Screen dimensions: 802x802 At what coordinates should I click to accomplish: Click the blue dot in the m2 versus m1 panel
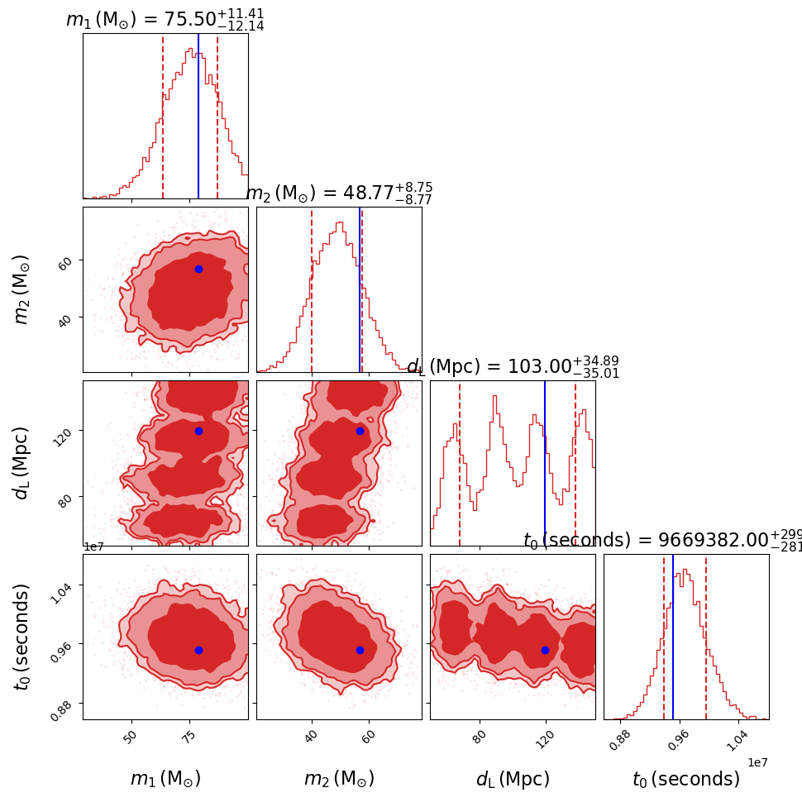coord(198,269)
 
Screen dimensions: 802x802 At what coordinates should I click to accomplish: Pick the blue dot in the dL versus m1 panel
coord(198,431)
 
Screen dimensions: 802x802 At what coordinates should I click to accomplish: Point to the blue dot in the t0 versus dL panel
coord(545,650)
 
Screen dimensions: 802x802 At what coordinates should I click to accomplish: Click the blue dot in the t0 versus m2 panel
coord(360,650)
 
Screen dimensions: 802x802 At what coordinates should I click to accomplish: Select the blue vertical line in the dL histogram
coord(545,463)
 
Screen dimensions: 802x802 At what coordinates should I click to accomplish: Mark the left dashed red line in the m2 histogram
coord(312,289)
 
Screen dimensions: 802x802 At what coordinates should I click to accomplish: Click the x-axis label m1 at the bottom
coord(165,779)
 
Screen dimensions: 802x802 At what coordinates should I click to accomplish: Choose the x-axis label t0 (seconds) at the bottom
coord(686,779)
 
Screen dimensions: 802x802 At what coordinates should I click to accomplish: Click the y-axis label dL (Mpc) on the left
coord(22,463)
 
